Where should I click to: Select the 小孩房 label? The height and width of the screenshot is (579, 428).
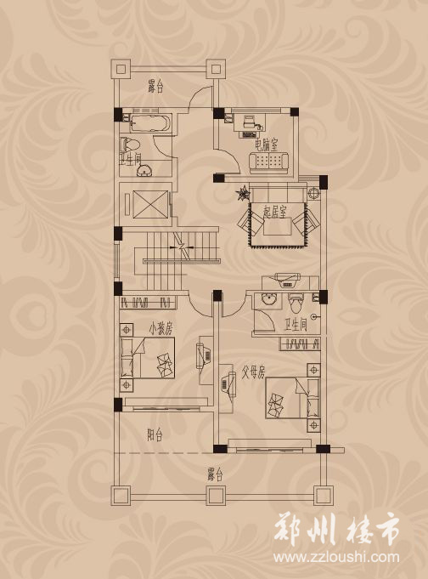(x=160, y=328)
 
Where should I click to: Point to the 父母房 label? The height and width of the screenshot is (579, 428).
(x=253, y=372)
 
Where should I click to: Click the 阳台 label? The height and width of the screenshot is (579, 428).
(x=155, y=435)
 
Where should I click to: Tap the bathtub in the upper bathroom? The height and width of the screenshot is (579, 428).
(x=151, y=123)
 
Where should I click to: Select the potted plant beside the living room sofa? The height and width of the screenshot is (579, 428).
(x=243, y=194)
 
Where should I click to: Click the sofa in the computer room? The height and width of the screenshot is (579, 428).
(x=268, y=162)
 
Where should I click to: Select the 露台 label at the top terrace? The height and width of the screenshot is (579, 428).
(x=155, y=87)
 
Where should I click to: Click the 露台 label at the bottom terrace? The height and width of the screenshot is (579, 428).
(x=215, y=474)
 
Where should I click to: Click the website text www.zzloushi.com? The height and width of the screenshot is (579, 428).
(x=336, y=557)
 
